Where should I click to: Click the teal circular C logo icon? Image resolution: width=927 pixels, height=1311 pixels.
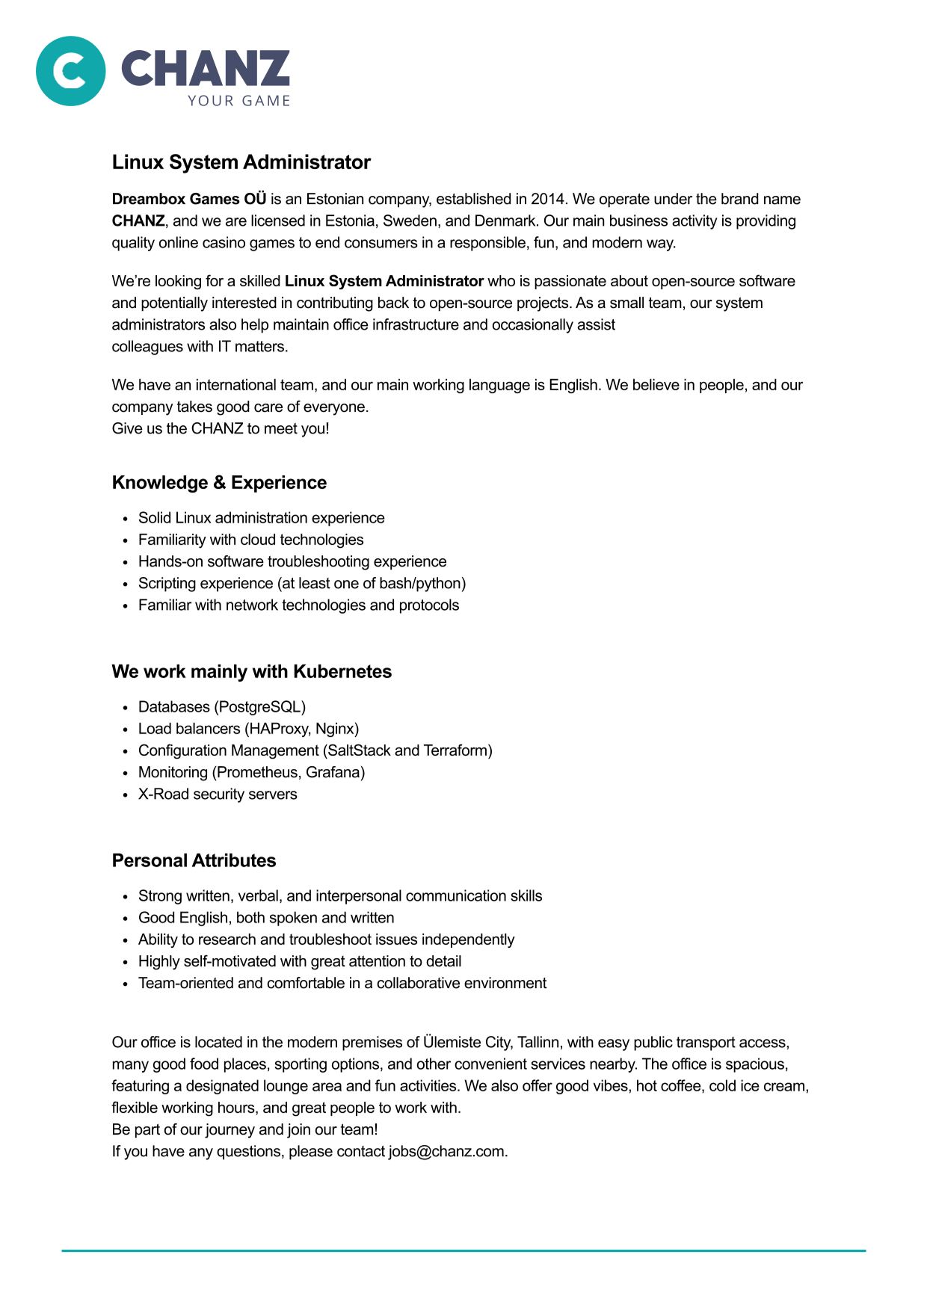(71, 71)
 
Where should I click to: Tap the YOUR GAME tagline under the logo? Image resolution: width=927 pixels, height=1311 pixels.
(238, 101)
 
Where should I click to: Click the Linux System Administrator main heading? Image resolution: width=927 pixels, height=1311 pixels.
(241, 162)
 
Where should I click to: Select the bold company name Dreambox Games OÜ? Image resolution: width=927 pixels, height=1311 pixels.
(189, 199)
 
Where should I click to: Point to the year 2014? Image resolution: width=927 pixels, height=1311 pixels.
(548, 199)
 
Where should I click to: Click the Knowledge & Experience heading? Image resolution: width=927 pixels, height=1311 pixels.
(219, 483)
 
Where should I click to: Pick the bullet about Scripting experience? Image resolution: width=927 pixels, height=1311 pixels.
(301, 583)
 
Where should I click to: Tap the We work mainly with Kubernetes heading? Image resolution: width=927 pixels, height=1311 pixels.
(251, 672)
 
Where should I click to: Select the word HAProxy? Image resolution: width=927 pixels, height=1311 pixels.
(278, 729)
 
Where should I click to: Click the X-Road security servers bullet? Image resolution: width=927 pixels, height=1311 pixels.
(218, 794)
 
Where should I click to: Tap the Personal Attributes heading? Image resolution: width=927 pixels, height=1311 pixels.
(194, 861)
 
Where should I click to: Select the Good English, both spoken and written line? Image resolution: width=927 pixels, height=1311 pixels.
(266, 918)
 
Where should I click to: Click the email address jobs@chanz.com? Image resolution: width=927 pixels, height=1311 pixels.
(446, 1151)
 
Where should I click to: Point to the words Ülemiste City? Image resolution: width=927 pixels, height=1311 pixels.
(466, 1042)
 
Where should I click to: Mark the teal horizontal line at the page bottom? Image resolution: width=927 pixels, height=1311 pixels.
(463, 1250)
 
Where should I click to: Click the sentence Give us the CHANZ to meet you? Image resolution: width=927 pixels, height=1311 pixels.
(221, 428)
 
